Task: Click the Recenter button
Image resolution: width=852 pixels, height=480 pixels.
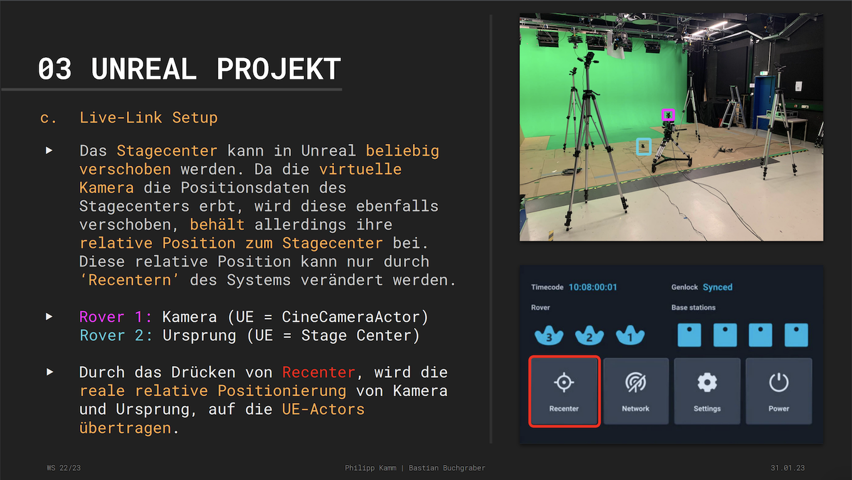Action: [564, 391]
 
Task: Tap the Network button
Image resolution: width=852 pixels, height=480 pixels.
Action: [636, 391]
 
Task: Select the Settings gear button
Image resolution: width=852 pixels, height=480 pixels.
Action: [707, 391]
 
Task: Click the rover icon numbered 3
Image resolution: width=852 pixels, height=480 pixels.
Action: [549, 335]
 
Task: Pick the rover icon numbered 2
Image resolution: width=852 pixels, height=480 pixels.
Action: [589, 335]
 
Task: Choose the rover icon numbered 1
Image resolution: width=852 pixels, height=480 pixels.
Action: [631, 335]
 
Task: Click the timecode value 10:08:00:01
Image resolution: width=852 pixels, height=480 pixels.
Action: [592, 287]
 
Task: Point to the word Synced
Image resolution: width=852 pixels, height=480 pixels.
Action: [718, 287]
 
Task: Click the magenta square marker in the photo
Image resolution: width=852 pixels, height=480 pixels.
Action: [668, 115]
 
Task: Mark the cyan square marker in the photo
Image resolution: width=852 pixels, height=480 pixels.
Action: [644, 146]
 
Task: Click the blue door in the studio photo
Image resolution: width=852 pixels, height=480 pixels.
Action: [764, 101]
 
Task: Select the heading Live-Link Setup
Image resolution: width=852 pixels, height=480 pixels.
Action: [148, 118]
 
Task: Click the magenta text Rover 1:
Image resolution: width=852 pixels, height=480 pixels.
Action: [116, 317]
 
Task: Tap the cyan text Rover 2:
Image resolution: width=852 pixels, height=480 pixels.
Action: [116, 335]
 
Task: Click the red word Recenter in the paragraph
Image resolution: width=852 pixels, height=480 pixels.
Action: [318, 372]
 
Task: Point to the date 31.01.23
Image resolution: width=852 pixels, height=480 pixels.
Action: [788, 468]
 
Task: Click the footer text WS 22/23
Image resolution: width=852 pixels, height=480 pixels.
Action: [64, 468]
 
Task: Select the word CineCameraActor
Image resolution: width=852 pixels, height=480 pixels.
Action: [351, 317]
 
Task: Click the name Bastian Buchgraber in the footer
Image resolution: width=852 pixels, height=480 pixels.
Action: [447, 468]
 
